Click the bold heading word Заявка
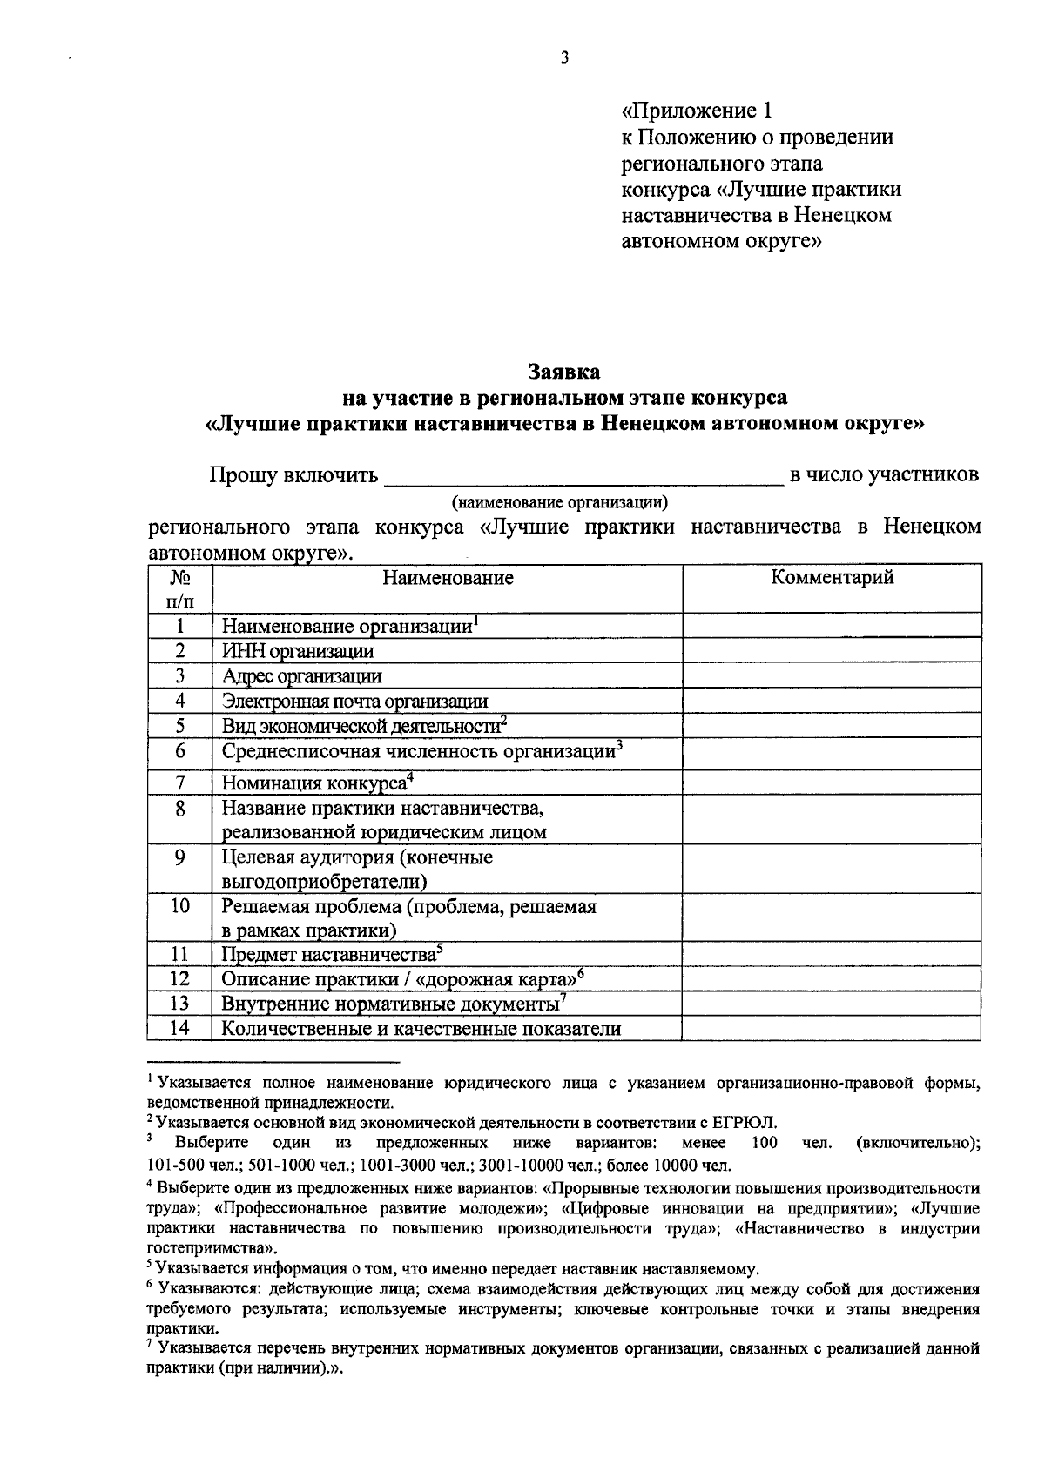[564, 372]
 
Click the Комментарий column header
[832, 578]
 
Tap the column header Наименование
[448, 578]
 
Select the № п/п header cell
[179, 588]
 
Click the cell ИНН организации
[298, 651]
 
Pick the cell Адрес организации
[301, 676]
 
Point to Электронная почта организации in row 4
[354, 701]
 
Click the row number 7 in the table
[179, 782]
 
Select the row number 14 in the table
[179, 1028]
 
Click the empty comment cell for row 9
[832, 869]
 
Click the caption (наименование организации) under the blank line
[559, 502]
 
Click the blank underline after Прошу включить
[583, 477]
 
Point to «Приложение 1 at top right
[697, 111]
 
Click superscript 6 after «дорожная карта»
[580, 972]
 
